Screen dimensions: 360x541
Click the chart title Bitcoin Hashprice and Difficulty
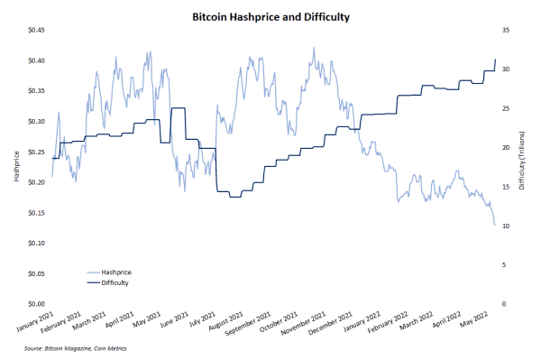pos(270,16)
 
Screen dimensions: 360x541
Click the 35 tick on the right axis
pos(506,30)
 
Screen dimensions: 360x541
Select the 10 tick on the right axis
pos(506,226)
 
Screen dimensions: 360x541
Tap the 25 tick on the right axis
pos(506,108)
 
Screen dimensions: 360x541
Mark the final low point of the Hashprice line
pos(494,225)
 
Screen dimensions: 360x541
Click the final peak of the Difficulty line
pos(495,60)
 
